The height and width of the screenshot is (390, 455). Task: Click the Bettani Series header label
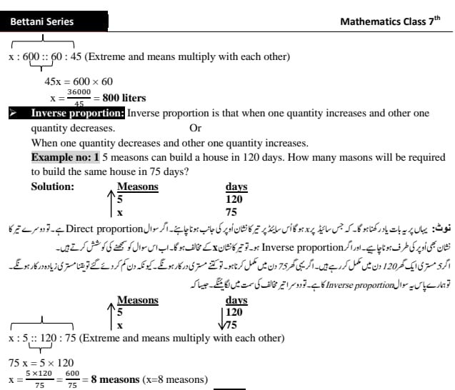click(x=42, y=21)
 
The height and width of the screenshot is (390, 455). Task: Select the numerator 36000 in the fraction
click(x=79, y=93)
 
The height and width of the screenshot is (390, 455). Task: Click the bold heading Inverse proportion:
click(x=78, y=114)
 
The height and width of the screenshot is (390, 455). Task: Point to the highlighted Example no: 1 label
click(x=65, y=157)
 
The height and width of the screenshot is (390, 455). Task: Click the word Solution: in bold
click(x=53, y=186)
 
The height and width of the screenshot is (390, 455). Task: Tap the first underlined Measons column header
click(x=137, y=186)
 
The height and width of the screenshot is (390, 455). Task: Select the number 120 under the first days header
click(x=234, y=199)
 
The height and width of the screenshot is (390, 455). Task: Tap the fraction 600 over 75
click(x=72, y=379)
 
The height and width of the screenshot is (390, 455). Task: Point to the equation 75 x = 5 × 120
click(x=41, y=363)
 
